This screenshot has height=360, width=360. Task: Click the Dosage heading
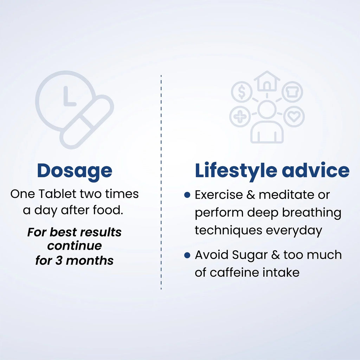[x=75, y=171]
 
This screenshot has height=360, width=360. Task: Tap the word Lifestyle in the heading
[x=236, y=171]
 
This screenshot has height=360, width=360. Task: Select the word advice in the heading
[x=316, y=170]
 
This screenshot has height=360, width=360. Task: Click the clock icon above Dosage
[x=65, y=101]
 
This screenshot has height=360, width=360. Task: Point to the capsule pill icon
[x=87, y=122]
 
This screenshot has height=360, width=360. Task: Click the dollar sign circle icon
[x=242, y=92]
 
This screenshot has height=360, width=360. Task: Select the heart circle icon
[x=294, y=116]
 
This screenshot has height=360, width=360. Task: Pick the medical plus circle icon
[x=240, y=116]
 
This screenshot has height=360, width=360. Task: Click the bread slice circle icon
[x=292, y=92]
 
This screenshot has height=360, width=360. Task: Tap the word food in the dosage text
[x=108, y=210]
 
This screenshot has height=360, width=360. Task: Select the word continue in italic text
[x=75, y=246]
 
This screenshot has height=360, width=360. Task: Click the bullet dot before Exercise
[x=187, y=195]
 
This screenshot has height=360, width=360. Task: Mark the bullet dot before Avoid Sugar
[x=187, y=255]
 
